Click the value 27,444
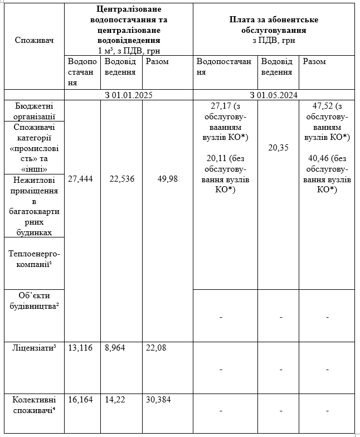(80, 179)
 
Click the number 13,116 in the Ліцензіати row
(80, 348)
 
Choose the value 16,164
(80, 399)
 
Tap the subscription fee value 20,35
(279, 148)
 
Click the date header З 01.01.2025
(129, 95)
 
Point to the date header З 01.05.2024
(274, 95)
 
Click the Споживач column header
(35, 40)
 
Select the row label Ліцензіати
(35, 348)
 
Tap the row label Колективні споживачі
(35, 405)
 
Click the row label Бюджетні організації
(35, 111)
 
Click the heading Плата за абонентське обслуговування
(274, 25)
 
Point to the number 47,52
(319, 106)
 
